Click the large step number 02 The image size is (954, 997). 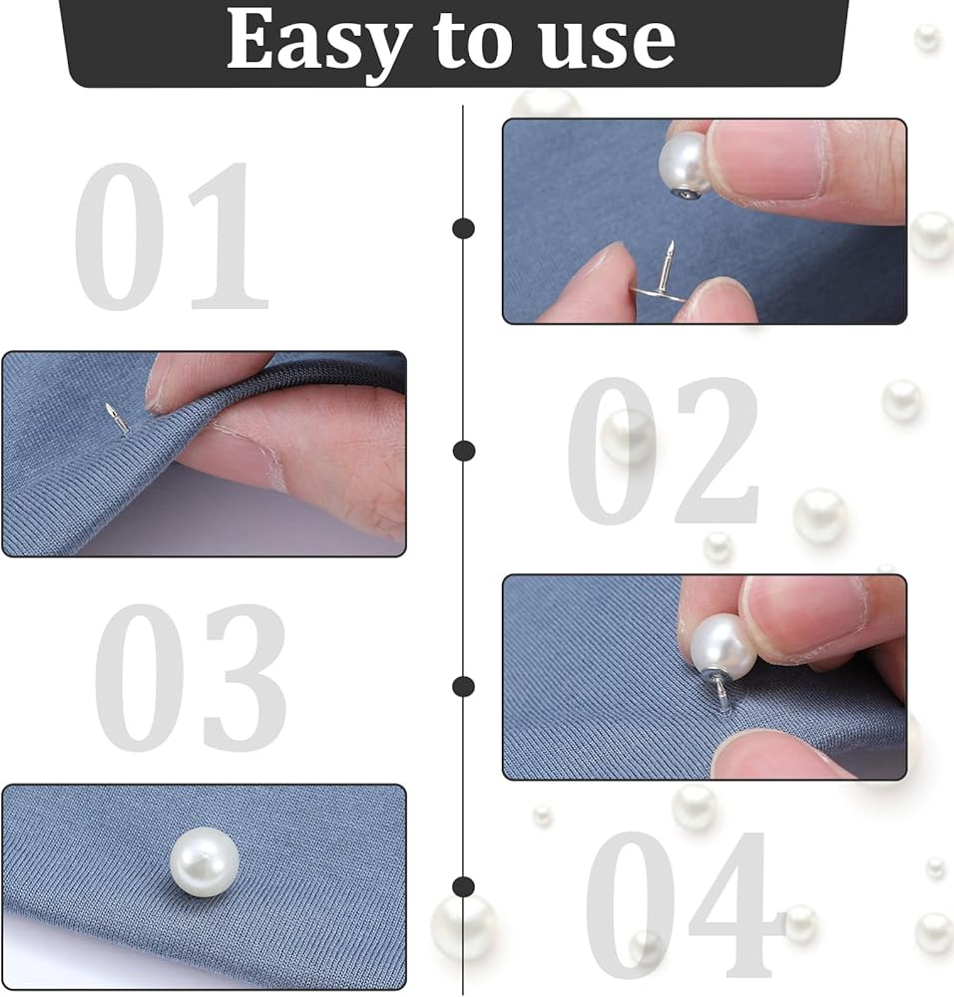tap(663, 451)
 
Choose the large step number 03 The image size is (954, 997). tap(191, 677)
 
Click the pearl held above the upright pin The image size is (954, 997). tap(685, 162)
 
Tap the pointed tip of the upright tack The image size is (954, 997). tap(671, 242)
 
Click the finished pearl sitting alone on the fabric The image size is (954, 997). tap(205, 862)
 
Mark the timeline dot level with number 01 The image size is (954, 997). tap(463, 228)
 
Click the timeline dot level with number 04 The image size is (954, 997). tap(463, 886)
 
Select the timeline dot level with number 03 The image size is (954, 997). tap(463, 686)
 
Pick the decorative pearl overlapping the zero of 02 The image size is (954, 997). tap(628, 437)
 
